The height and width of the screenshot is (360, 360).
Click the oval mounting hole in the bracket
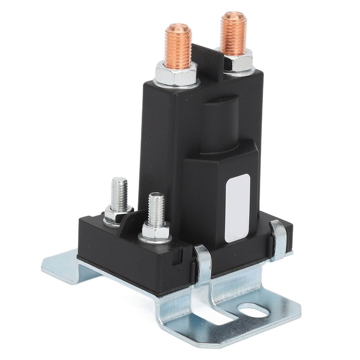[x=252, y=310]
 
